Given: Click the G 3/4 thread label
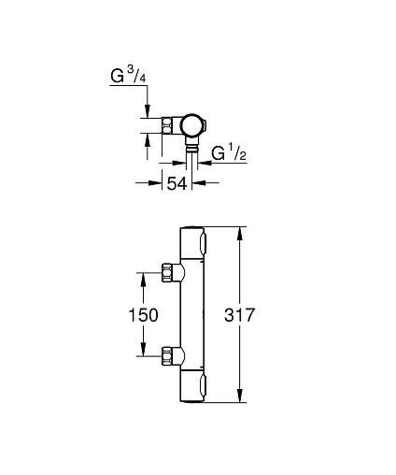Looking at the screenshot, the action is (x=128, y=76).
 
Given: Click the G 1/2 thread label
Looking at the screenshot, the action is (x=229, y=152).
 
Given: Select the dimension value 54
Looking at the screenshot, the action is (x=177, y=183).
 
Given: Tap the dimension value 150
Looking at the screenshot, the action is (x=143, y=315).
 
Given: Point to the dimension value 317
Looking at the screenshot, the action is (x=239, y=315).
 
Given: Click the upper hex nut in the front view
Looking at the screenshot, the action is (x=167, y=273).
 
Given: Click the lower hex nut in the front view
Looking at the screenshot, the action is (x=167, y=355).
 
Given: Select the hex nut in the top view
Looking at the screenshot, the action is (x=167, y=125).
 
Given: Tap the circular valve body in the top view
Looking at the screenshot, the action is (x=192, y=125).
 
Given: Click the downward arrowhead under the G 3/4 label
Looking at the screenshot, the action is (x=148, y=111).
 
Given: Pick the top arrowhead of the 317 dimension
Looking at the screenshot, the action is (x=239, y=234).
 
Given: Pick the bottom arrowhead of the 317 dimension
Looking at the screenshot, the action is (x=239, y=396).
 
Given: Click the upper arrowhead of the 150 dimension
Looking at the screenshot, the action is (x=143, y=279).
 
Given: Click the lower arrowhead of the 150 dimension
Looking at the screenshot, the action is (x=143, y=350).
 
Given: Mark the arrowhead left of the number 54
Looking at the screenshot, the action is (x=155, y=183).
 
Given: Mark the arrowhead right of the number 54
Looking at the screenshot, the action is (x=198, y=183).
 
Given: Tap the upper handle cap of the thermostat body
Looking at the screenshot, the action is (x=192, y=243).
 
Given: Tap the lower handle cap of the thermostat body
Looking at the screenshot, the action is (x=192, y=386).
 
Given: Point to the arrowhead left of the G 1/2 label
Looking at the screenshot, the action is (x=205, y=163).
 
